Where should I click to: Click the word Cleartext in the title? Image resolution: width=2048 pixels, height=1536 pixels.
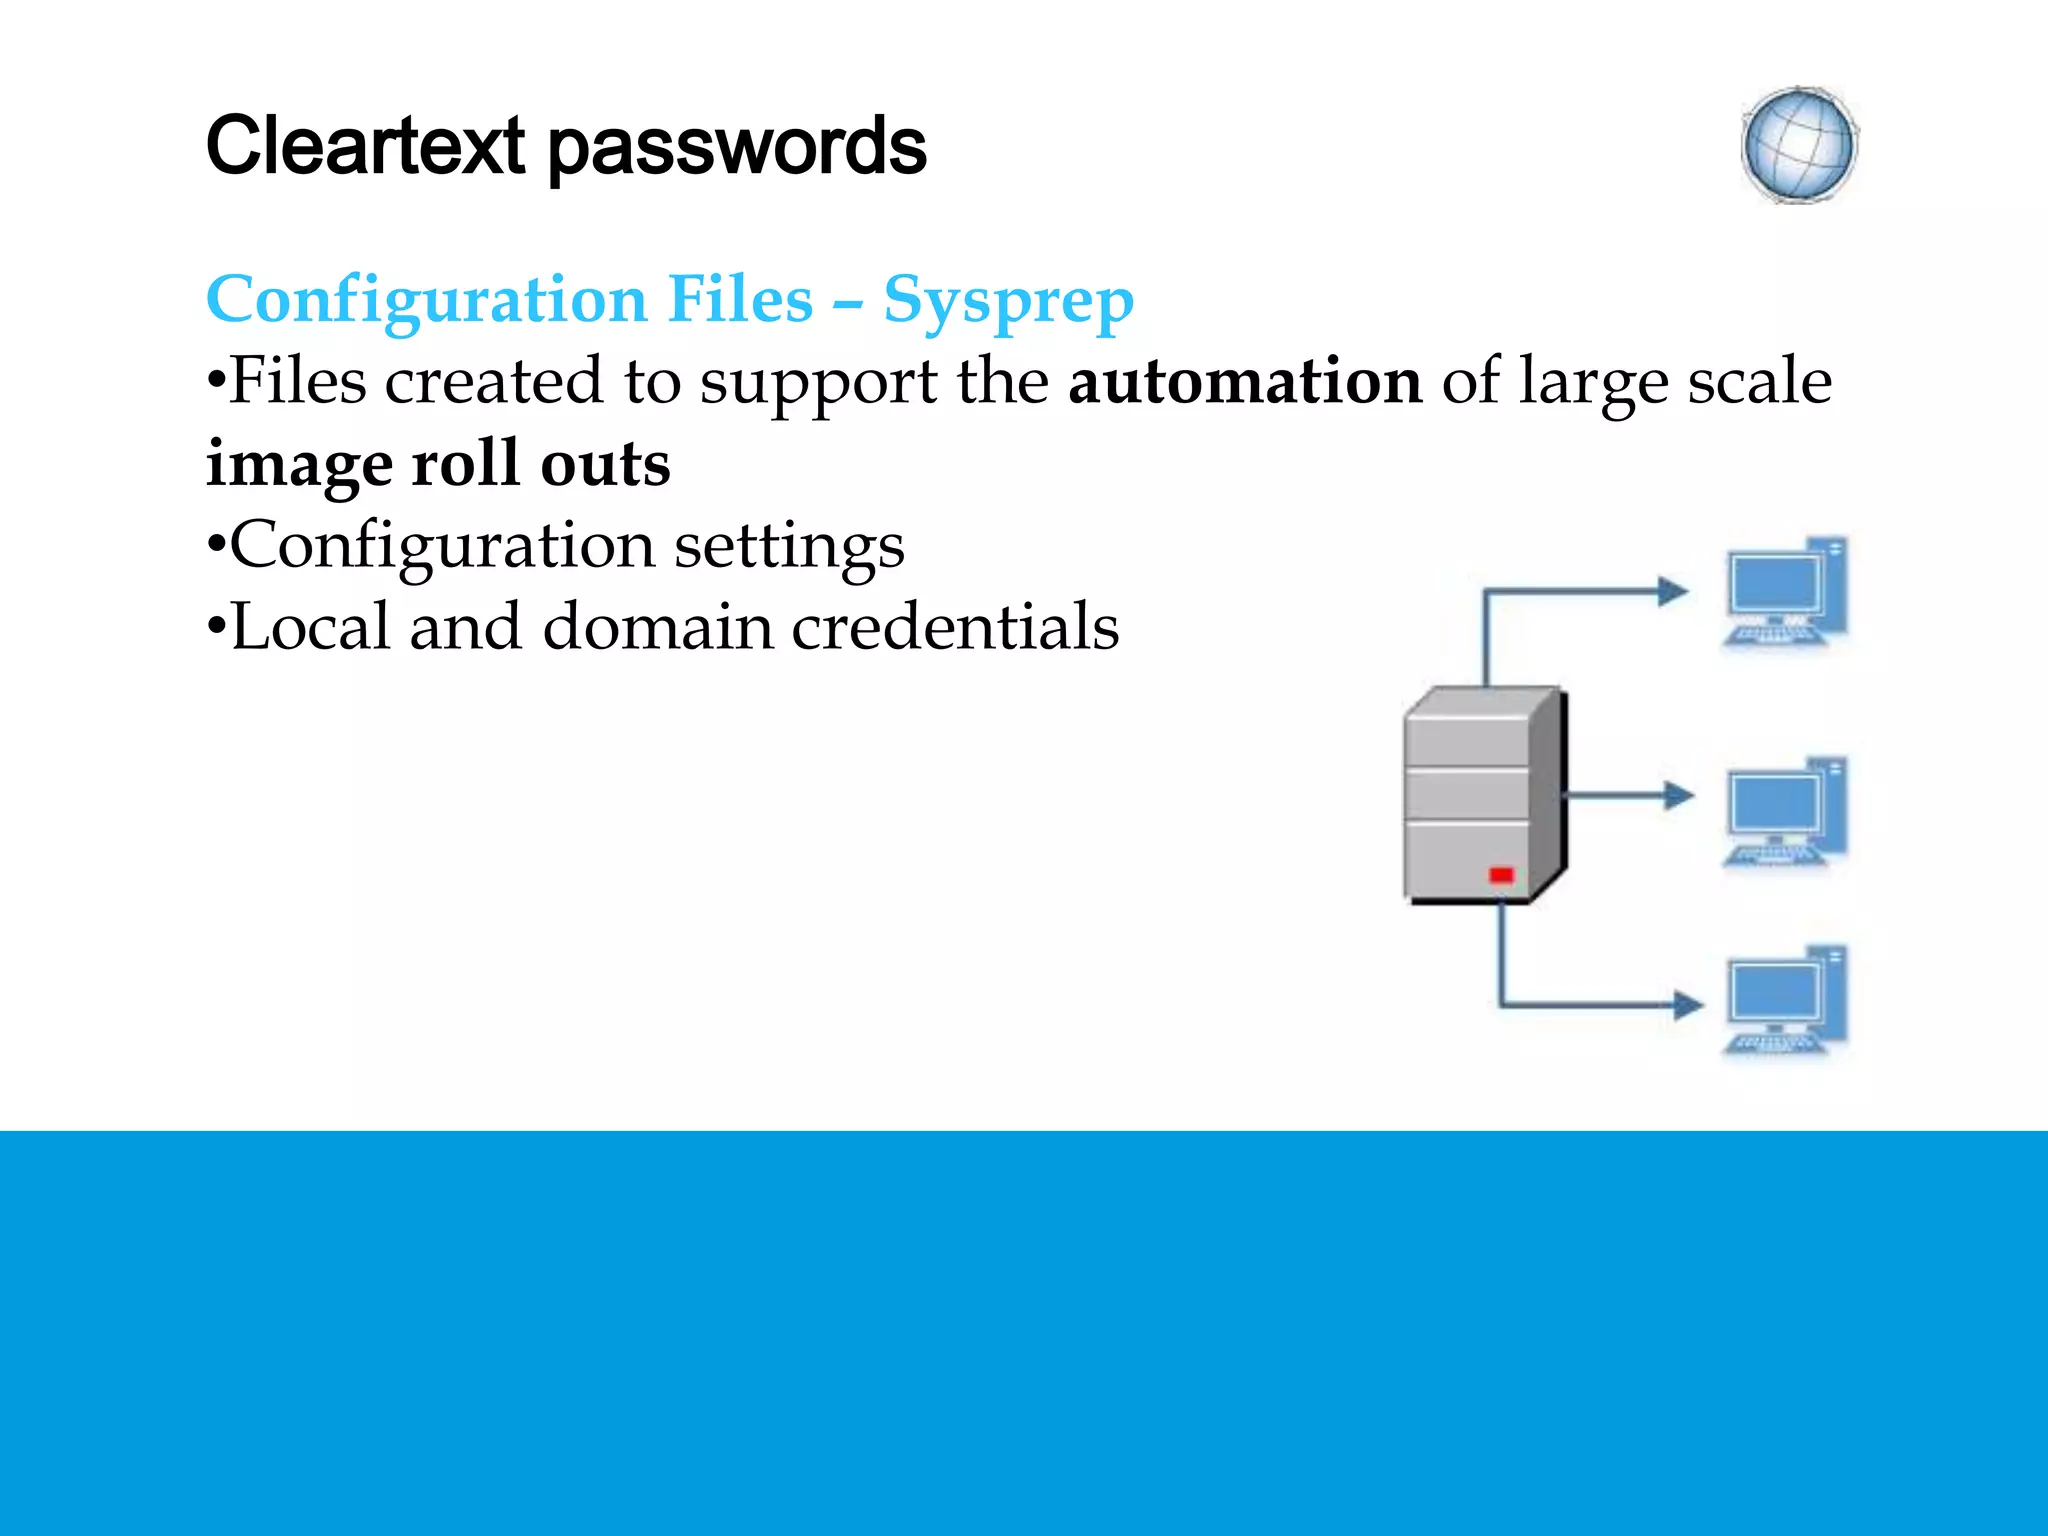[365, 146]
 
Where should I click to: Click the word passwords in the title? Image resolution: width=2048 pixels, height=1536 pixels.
[737, 148]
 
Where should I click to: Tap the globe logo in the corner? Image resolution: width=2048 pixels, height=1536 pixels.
[1799, 146]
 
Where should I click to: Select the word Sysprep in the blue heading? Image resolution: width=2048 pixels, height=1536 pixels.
[1008, 300]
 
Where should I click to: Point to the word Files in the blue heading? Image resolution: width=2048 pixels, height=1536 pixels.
[740, 299]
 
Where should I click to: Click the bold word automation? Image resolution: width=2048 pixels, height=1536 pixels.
[1245, 381]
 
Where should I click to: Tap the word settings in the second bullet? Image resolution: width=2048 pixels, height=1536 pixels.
[789, 547]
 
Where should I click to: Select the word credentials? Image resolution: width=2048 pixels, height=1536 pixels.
[955, 627]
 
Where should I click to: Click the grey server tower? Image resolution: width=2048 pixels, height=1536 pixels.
[1483, 795]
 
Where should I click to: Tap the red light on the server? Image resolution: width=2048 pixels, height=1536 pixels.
[1501, 875]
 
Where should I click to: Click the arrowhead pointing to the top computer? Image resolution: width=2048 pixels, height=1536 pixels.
[1672, 591]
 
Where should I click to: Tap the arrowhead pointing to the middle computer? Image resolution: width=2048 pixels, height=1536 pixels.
[1678, 796]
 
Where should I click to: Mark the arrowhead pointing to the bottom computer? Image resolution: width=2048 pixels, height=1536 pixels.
[1687, 1004]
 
